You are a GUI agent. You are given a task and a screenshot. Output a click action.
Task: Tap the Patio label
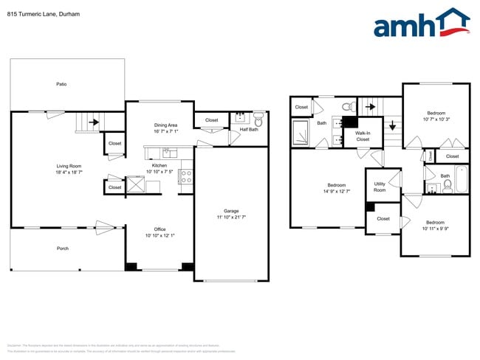pyautogui.click(x=61, y=84)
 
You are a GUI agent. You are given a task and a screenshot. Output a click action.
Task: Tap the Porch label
pyautogui.click(x=63, y=248)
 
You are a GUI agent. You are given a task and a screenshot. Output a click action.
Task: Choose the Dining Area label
pyautogui.click(x=165, y=125)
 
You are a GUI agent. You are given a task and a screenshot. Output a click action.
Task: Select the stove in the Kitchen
pyautogui.click(x=186, y=176)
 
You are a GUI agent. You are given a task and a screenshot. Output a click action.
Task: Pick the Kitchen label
pyautogui.click(x=160, y=165)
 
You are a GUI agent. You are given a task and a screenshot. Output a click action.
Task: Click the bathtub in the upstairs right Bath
pyautogui.click(x=462, y=180)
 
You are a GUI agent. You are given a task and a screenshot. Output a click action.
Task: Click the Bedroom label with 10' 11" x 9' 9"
pyautogui.click(x=435, y=222)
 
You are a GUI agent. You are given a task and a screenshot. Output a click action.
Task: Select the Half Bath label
pyautogui.click(x=248, y=130)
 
